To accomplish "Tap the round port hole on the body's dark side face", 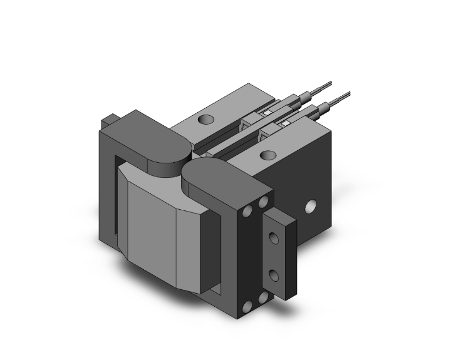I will [x=309, y=207].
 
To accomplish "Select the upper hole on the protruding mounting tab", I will [x=273, y=237].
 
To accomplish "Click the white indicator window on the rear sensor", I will [x=267, y=113].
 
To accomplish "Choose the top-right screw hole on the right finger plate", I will [x=263, y=202].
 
